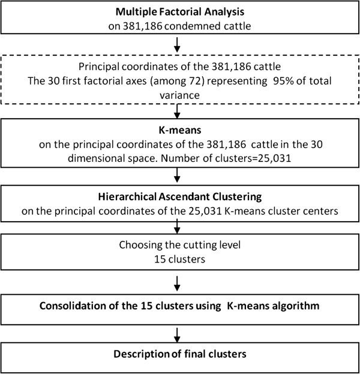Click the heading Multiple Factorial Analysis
coord(179,12)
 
